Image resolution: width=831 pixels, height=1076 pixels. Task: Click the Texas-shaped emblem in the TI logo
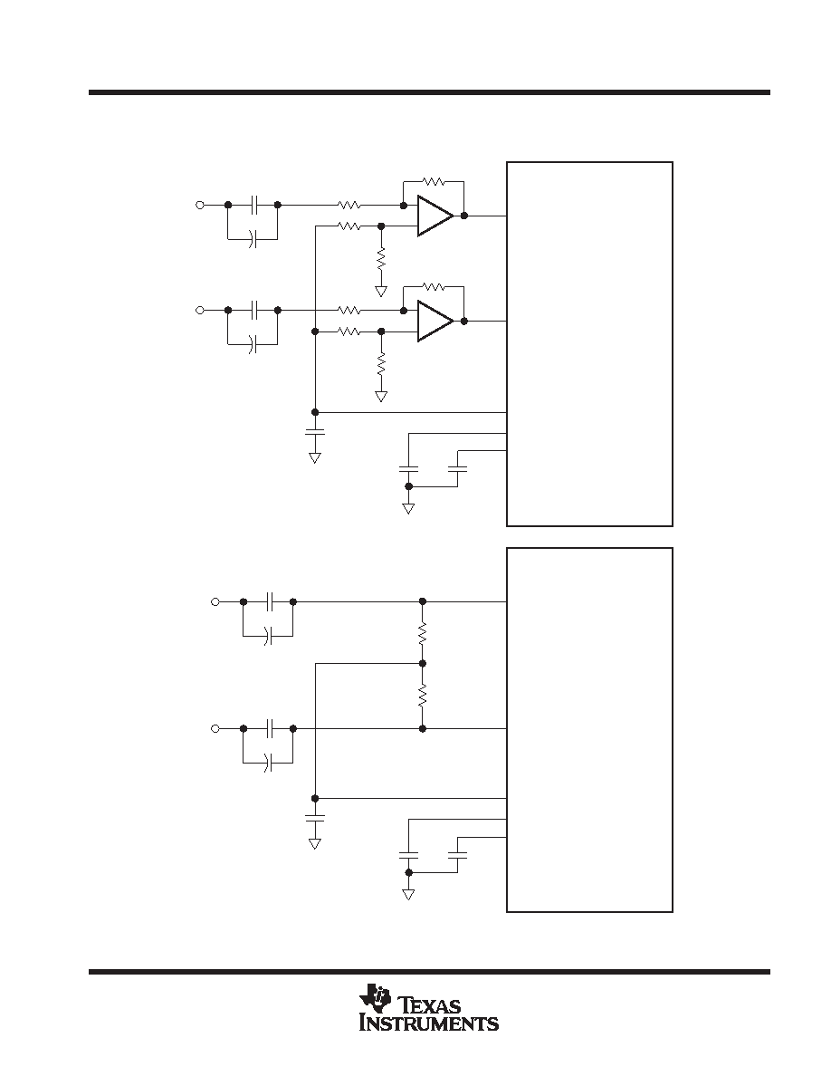pyautogui.click(x=374, y=998)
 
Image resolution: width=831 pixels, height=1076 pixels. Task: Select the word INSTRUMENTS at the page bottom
pyautogui.click(x=429, y=1023)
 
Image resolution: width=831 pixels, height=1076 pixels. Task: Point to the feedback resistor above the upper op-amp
pyautogui.click(x=434, y=182)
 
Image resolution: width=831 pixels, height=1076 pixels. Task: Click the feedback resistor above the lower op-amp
pyautogui.click(x=434, y=287)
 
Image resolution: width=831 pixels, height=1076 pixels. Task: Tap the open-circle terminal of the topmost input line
pyautogui.click(x=200, y=205)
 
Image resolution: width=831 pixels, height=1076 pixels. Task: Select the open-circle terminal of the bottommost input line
pyautogui.click(x=215, y=728)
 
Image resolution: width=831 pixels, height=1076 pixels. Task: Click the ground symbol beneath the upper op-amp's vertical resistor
pyautogui.click(x=381, y=291)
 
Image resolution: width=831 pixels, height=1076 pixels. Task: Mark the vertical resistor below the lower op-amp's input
pyautogui.click(x=381, y=363)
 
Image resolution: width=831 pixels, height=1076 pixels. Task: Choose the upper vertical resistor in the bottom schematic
pyautogui.click(x=423, y=633)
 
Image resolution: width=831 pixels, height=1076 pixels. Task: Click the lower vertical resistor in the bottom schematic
pyautogui.click(x=423, y=696)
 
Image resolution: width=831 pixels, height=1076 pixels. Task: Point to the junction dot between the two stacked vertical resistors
pyautogui.click(x=423, y=664)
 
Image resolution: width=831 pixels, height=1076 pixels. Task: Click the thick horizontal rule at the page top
pyautogui.click(x=429, y=92)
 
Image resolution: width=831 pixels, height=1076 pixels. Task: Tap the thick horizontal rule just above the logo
pyautogui.click(x=429, y=972)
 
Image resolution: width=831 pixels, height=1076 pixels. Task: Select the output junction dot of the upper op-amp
pyautogui.click(x=464, y=216)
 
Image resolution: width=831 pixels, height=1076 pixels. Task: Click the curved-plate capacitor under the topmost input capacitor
pyautogui.click(x=253, y=239)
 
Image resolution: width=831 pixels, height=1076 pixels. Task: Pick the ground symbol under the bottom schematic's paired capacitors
pyautogui.click(x=408, y=894)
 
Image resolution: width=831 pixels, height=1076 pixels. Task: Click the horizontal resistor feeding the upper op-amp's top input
pyautogui.click(x=349, y=205)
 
